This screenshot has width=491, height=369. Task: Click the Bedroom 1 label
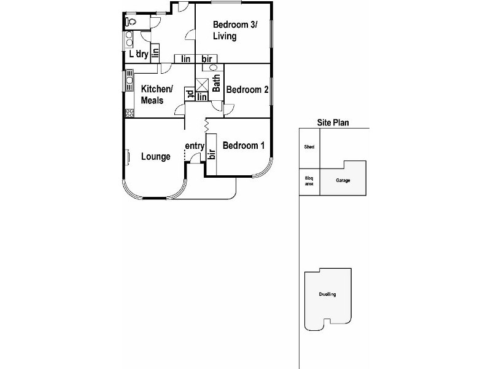click(244, 146)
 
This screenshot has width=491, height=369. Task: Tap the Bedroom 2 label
click(247, 90)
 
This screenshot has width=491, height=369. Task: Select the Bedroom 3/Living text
click(235, 30)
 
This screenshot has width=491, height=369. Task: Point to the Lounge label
click(156, 157)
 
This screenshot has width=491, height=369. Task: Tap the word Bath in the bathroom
click(216, 84)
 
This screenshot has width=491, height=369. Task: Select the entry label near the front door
click(195, 146)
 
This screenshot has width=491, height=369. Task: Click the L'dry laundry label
click(138, 54)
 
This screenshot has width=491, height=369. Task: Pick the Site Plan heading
click(333, 122)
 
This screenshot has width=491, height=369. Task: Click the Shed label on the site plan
click(309, 148)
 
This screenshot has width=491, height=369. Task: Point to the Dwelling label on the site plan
click(327, 295)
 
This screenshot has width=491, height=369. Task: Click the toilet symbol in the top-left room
click(130, 22)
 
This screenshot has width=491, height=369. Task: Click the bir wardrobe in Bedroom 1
click(212, 153)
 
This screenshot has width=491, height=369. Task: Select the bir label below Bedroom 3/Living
click(207, 59)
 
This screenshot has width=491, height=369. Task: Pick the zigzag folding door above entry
click(207, 125)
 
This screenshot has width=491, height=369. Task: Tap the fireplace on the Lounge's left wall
click(128, 157)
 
